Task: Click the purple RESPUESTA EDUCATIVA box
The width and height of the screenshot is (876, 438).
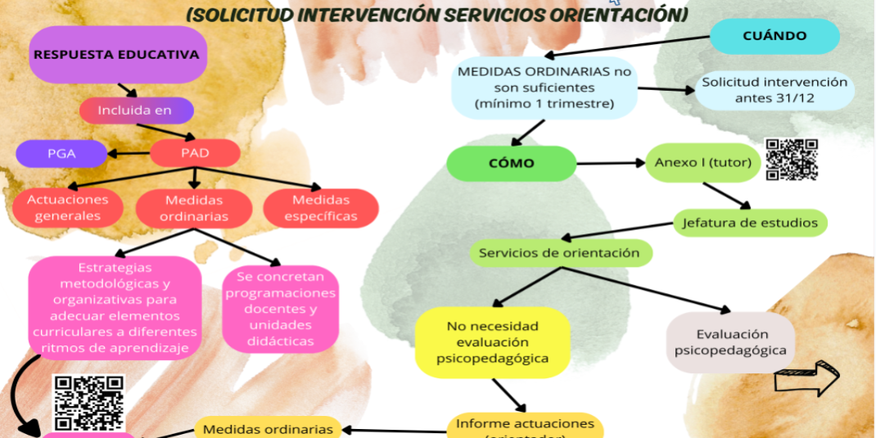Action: pyautogui.click(x=115, y=55)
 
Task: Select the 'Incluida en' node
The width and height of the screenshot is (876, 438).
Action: pyautogui.click(x=136, y=110)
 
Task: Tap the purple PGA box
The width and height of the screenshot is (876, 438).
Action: pyautogui.click(x=61, y=152)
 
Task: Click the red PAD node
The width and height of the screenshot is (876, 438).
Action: pyautogui.click(x=195, y=152)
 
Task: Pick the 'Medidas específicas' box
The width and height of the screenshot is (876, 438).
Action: pyautogui.click(x=321, y=208)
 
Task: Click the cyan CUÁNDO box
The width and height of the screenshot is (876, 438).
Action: pyautogui.click(x=774, y=36)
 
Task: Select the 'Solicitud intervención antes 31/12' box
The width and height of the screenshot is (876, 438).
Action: pyautogui.click(x=762, y=90)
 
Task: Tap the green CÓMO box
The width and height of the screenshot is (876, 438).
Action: pyautogui.click(x=511, y=163)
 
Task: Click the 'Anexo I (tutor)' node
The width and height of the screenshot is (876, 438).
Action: pyautogui.click(x=702, y=162)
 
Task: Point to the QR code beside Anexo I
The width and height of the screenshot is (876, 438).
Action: pyautogui.click(x=792, y=159)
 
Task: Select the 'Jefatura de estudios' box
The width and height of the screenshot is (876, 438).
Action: pyautogui.click(x=749, y=222)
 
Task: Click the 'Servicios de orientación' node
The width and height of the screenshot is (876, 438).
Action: pyautogui.click(x=561, y=252)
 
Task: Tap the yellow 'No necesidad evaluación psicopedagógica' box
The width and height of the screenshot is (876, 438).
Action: pyautogui.click(x=492, y=342)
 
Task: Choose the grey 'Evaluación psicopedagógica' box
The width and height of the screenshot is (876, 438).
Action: pyautogui.click(x=731, y=342)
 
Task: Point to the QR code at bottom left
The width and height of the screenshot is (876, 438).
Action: pyautogui.click(x=88, y=402)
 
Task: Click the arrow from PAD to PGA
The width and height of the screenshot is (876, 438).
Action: pyautogui.click(x=129, y=152)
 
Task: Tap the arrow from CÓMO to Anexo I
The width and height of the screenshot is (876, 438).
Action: pyautogui.click(x=611, y=163)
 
